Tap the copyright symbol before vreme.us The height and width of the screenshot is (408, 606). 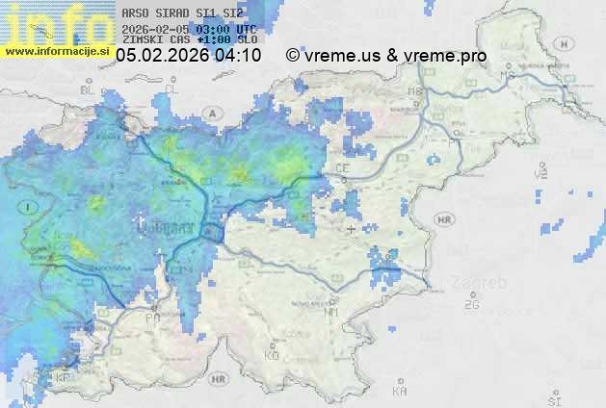point(292,56)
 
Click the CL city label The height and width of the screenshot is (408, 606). point(172,89)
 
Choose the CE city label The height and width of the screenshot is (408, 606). point(342,168)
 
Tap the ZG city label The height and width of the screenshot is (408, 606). point(471,305)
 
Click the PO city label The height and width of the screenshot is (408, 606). point(152,318)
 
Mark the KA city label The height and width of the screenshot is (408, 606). point(400,392)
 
